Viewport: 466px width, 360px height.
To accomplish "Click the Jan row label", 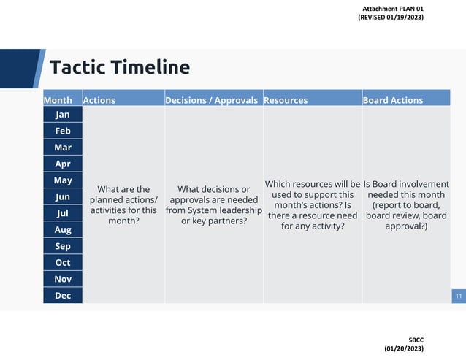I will click(63, 115).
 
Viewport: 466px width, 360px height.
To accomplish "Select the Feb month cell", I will click(63, 131).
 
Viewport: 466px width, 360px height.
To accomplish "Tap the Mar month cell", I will click(63, 148).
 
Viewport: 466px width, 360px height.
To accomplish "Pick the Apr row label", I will click(63, 164).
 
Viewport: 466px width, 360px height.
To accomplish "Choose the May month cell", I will click(63, 180).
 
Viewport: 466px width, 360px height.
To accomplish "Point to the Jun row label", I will click(63, 197).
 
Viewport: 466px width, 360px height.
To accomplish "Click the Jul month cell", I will click(63, 213).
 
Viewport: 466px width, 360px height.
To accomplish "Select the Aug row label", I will click(63, 230).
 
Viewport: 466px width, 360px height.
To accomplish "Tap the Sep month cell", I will click(63, 246).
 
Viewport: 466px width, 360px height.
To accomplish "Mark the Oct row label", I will click(63, 263).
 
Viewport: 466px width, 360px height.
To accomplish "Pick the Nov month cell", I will click(63, 279).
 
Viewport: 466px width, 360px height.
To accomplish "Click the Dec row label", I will click(63, 296).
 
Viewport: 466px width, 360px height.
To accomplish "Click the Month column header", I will click(58, 100).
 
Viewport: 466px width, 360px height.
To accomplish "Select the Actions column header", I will click(99, 100).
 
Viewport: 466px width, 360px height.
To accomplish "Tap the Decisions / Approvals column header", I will click(212, 100).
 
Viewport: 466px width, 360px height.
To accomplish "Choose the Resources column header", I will click(286, 100).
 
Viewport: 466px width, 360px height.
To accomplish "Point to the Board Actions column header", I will click(393, 100).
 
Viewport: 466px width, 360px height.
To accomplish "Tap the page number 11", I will click(459, 296).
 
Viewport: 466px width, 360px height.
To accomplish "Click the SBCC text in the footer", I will click(416, 340).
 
